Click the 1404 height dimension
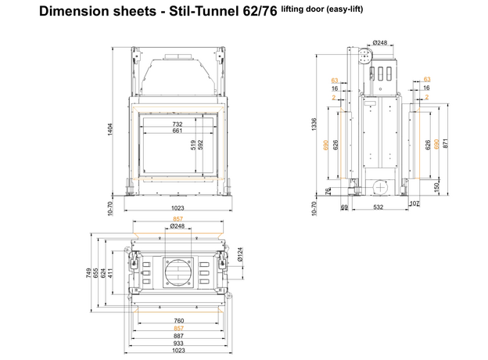coord(110,129)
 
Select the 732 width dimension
coord(178,124)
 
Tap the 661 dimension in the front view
coord(178,131)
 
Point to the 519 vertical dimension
coord(193,145)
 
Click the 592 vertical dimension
coord(200,145)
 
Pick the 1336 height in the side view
coord(314,124)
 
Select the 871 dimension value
coord(446,143)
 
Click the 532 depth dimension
coord(379,207)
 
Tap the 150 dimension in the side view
coord(436,187)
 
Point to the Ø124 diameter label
coord(239,254)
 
